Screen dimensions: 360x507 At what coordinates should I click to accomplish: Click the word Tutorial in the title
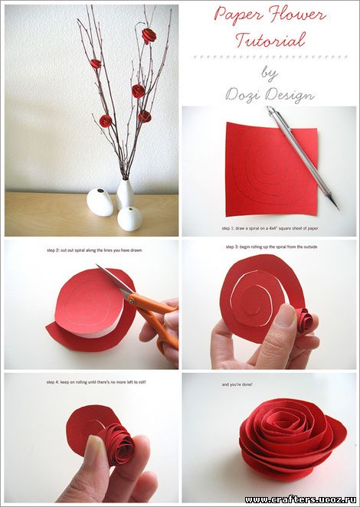tap(270, 41)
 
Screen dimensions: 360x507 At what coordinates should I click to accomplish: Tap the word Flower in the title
tap(296, 15)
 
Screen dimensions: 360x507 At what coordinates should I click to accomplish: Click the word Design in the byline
tap(290, 95)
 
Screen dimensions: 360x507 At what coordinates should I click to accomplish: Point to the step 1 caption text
tap(270, 228)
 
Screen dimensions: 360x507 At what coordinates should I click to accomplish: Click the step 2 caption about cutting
tap(94, 250)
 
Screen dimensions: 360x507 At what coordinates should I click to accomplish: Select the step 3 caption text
tap(271, 247)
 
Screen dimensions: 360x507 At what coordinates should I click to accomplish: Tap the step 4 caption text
tap(96, 382)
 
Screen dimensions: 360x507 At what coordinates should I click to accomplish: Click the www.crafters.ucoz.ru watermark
tap(300, 500)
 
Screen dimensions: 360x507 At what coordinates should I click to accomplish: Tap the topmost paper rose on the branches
tap(149, 35)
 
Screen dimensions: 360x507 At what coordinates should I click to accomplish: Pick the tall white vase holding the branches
tap(125, 195)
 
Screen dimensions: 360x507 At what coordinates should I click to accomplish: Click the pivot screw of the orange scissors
tap(132, 302)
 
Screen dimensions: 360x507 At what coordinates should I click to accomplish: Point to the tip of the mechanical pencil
tap(339, 210)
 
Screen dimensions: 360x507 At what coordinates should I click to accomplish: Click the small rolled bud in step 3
tap(305, 320)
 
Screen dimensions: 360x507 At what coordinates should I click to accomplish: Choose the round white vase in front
tap(129, 219)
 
